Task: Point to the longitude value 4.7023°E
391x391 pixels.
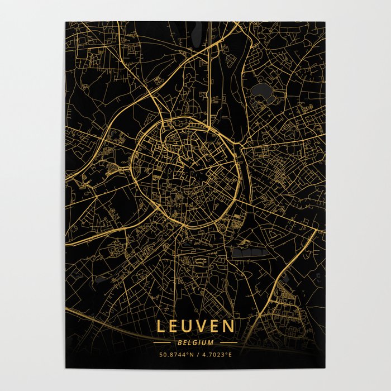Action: (218, 354)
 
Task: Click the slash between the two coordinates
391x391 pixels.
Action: (196, 354)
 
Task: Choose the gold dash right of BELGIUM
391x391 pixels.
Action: (228, 342)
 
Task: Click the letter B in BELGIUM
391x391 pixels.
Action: (180, 342)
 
